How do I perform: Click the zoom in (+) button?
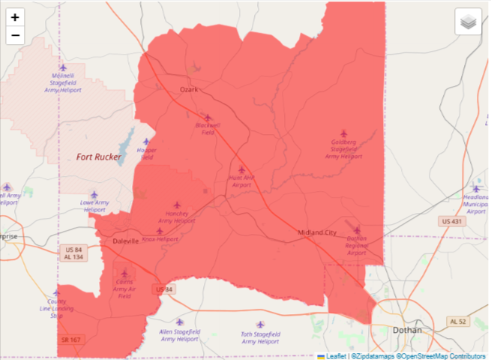pyautogui.click(x=15, y=16)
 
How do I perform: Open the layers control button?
pyautogui.click(x=468, y=22)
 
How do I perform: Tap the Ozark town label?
pyautogui.click(x=189, y=89)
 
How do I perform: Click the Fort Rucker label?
pyautogui.click(x=98, y=157)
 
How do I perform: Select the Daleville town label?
pyautogui.click(x=125, y=241)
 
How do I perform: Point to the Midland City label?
pyautogui.click(x=317, y=232)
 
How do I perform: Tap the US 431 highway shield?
pyautogui.click(x=452, y=221)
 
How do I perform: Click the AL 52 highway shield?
pyautogui.click(x=458, y=321)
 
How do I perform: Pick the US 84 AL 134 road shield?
pyautogui.click(x=73, y=253)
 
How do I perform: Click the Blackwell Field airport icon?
pyautogui.click(x=208, y=118)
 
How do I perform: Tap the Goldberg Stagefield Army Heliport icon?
pyautogui.click(x=344, y=133)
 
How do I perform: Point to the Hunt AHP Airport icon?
pyautogui.click(x=241, y=170)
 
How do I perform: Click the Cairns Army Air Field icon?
pyautogui.click(x=124, y=273)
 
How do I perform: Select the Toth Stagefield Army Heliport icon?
pyautogui.click(x=260, y=325)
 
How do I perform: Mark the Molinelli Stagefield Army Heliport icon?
pyautogui.click(x=63, y=67)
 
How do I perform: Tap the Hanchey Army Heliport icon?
pyautogui.click(x=178, y=205)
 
